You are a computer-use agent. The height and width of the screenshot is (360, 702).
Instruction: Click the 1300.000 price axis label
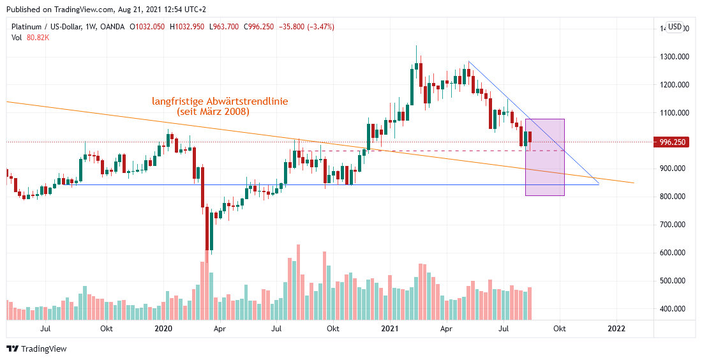pyautogui.click(x=675, y=57)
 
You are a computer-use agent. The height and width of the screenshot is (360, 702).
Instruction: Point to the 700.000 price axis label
pyautogui.click(x=675, y=225)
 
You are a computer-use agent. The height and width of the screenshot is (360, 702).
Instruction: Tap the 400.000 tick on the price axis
pyautogui.click(x=675, y=309)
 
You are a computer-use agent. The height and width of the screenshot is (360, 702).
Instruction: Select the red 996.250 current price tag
pyautogui.click(x=674, y=142)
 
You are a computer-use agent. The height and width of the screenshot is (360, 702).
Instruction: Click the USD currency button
pyautogui.click(x=675, y=27)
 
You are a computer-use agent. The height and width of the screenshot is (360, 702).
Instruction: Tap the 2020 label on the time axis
pyautogui.click(x=164, y=329)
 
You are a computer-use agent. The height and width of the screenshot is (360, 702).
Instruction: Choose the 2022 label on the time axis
pyautogui.click(x=616, y=329)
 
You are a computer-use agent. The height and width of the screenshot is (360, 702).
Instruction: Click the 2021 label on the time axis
pyautogui.click(x=389, y=329)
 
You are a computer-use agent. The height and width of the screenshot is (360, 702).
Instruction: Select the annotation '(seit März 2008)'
pyautogui.click(x=213, y=112)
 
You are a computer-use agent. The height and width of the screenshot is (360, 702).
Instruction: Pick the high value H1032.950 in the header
pyautogui.click(x=195, y=27)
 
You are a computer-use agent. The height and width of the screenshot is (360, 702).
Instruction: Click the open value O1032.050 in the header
pyautogui.click(x=152, y=27)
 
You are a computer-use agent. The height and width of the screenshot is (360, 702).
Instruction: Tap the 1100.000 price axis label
pyautogui.click(x=675, y=113)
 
